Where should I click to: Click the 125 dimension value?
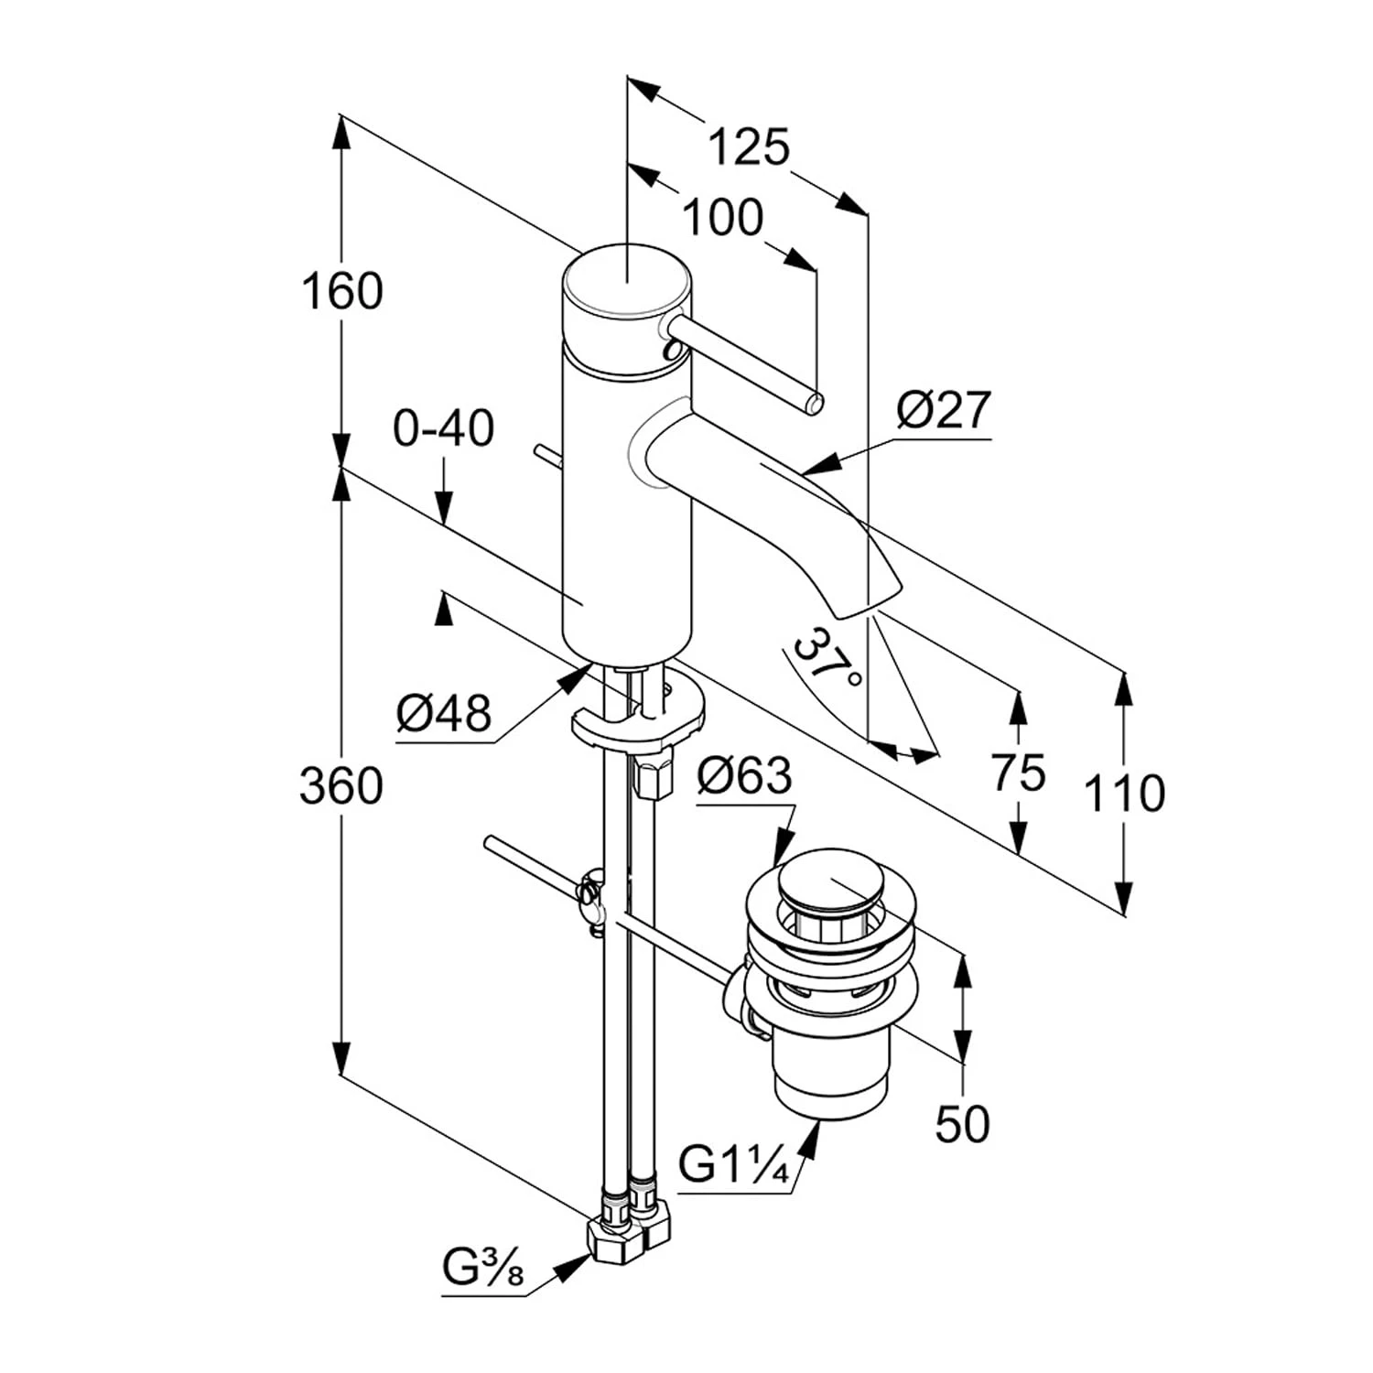tap(749, 146)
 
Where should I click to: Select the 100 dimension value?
tap(723, 218)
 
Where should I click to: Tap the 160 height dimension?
tap(342, 292)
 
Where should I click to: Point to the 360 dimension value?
tap(341, 786)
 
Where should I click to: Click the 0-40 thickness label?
tap(444, 427)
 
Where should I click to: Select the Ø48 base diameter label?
tap(444, 712)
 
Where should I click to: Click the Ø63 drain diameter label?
tap(744, 776)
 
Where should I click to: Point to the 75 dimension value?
tap(1018, 772)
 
